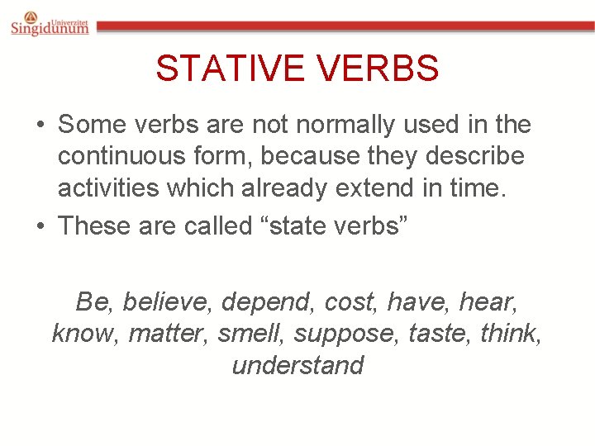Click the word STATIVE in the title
226,69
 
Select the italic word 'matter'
169,334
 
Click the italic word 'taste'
435,334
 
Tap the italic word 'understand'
297,365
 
